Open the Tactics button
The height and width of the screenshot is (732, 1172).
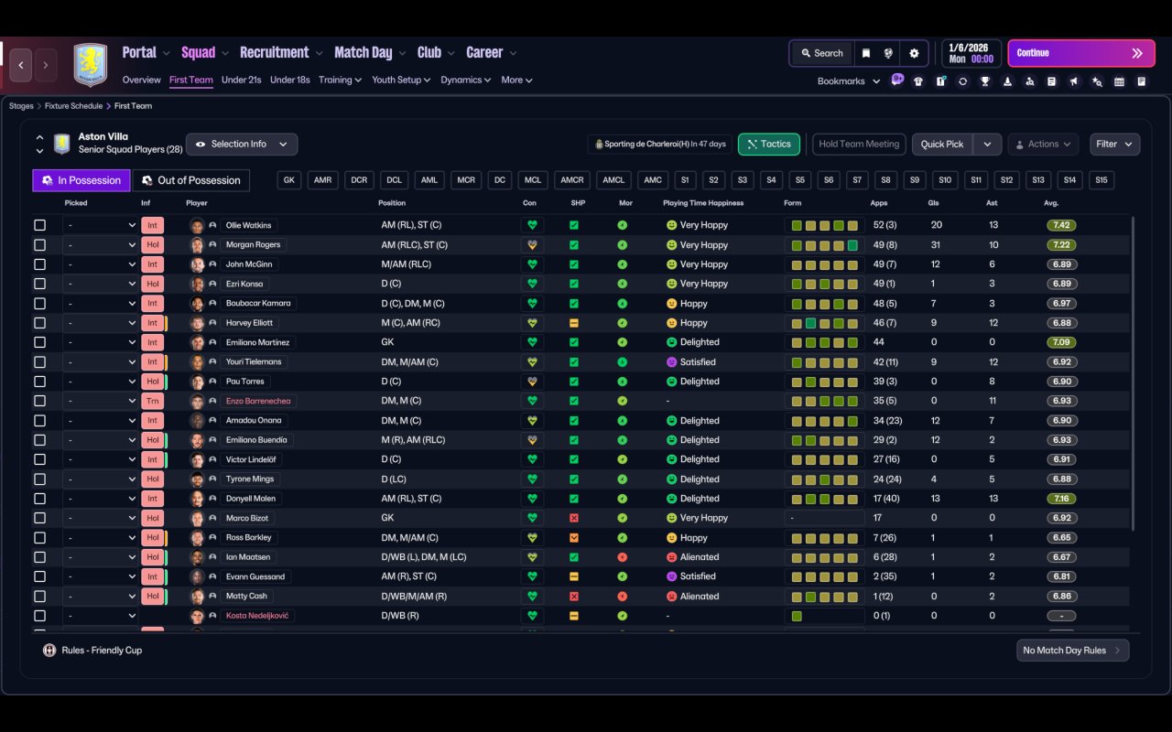click(x=768, y=144)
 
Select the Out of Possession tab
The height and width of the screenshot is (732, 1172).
click(x=191, y=180)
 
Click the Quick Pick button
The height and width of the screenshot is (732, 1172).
click(x=941, y=144)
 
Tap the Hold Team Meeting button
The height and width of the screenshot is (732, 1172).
click(x=858, y=144)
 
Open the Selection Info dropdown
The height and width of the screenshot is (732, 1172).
click(x=242, y=144)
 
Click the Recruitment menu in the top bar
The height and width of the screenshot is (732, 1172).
click(x=275, y=52)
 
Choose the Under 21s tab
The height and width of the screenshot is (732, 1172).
click(x=241, y=80)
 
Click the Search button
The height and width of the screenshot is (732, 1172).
click(x=821, y=53)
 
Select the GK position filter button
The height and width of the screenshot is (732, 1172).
click(x=289, y=180)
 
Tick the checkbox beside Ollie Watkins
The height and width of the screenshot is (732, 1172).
click(x=39, y=225)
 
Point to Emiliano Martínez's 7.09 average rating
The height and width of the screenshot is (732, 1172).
click(x=1061, y=342)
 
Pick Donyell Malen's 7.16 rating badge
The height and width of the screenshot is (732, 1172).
click(x=1061, y=499)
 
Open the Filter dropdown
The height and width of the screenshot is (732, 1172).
click(x=1114, y=144)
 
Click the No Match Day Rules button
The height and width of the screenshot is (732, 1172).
click(x=1072, y=651)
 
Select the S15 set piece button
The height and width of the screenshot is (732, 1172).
click(x=1101, y=180)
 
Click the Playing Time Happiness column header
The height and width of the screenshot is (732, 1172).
click(x=702, y=203)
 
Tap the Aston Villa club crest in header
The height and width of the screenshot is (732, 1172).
click(x=90, y=64)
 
